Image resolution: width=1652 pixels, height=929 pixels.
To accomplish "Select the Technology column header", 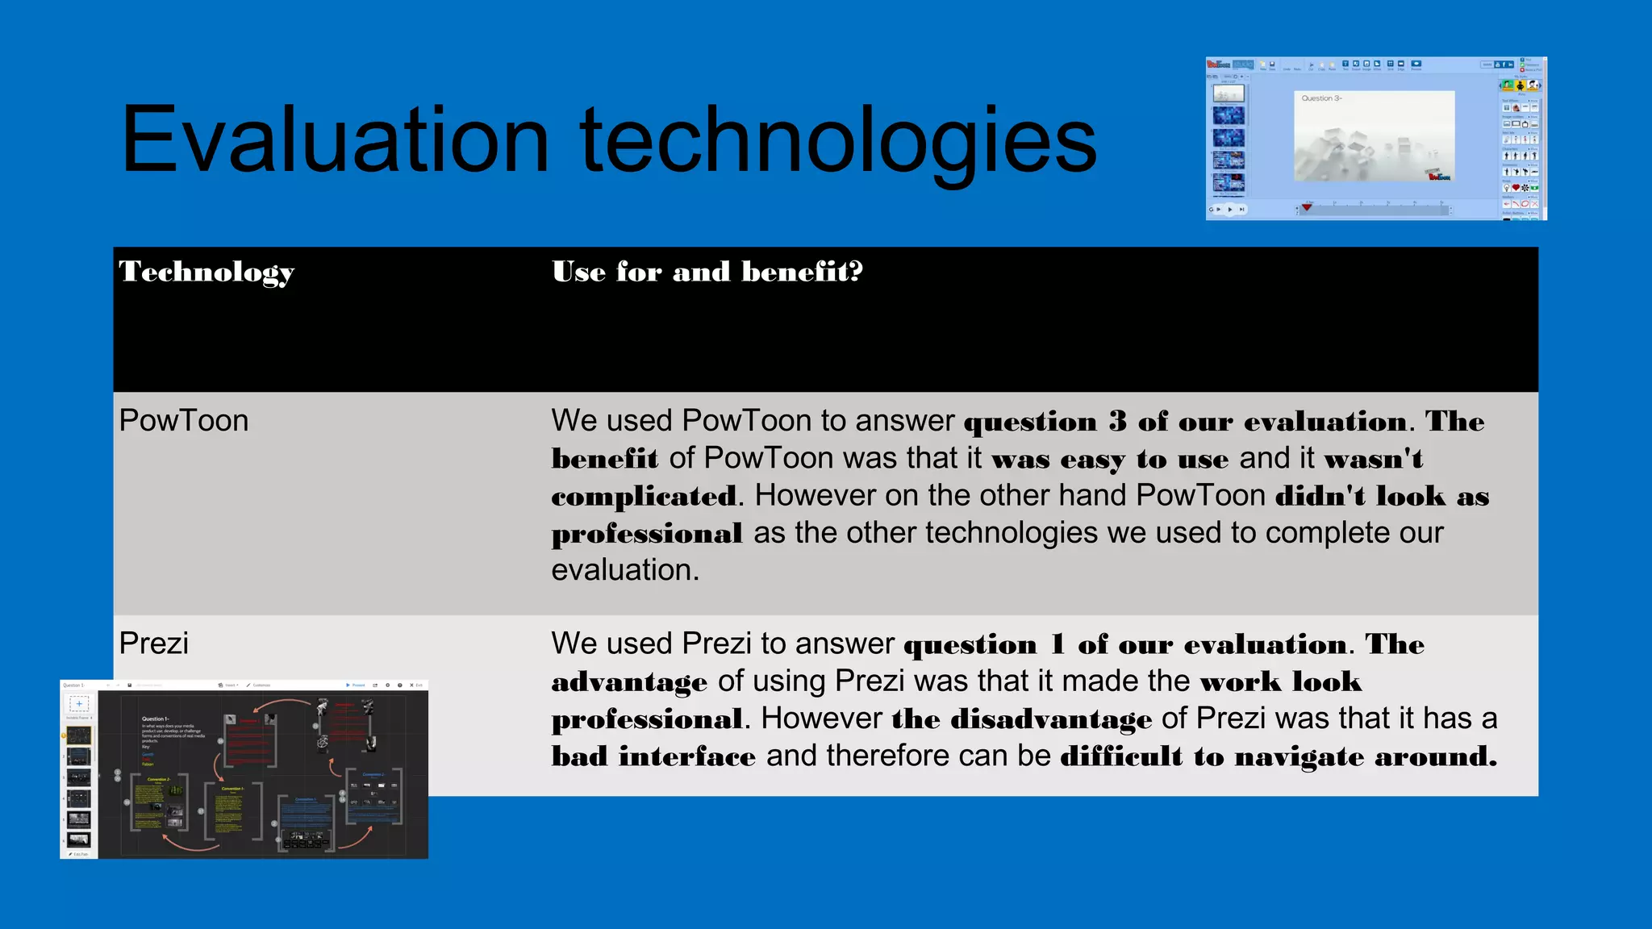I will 206,273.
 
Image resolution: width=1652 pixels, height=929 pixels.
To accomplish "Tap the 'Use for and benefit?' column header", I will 707,272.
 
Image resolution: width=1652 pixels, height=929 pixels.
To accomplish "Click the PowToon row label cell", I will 184,421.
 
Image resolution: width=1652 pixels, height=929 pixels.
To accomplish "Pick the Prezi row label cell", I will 154,644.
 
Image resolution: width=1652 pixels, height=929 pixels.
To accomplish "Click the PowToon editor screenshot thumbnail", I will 1375,138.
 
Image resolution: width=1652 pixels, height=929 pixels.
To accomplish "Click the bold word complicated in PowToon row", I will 643,497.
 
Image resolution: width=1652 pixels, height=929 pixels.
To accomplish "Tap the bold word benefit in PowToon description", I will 604,459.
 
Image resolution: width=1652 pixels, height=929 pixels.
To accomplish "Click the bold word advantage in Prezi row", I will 629,682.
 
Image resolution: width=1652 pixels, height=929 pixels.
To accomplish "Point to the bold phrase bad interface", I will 653,756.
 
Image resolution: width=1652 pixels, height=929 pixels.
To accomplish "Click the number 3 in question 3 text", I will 1117,422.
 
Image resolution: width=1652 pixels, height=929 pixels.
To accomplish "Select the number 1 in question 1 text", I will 1058,644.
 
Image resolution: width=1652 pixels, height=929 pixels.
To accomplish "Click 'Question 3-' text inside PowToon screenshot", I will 1321,98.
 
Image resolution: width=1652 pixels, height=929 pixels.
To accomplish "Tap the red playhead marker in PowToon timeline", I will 1307,208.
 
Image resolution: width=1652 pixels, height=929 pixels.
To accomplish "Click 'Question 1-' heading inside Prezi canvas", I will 155,719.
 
